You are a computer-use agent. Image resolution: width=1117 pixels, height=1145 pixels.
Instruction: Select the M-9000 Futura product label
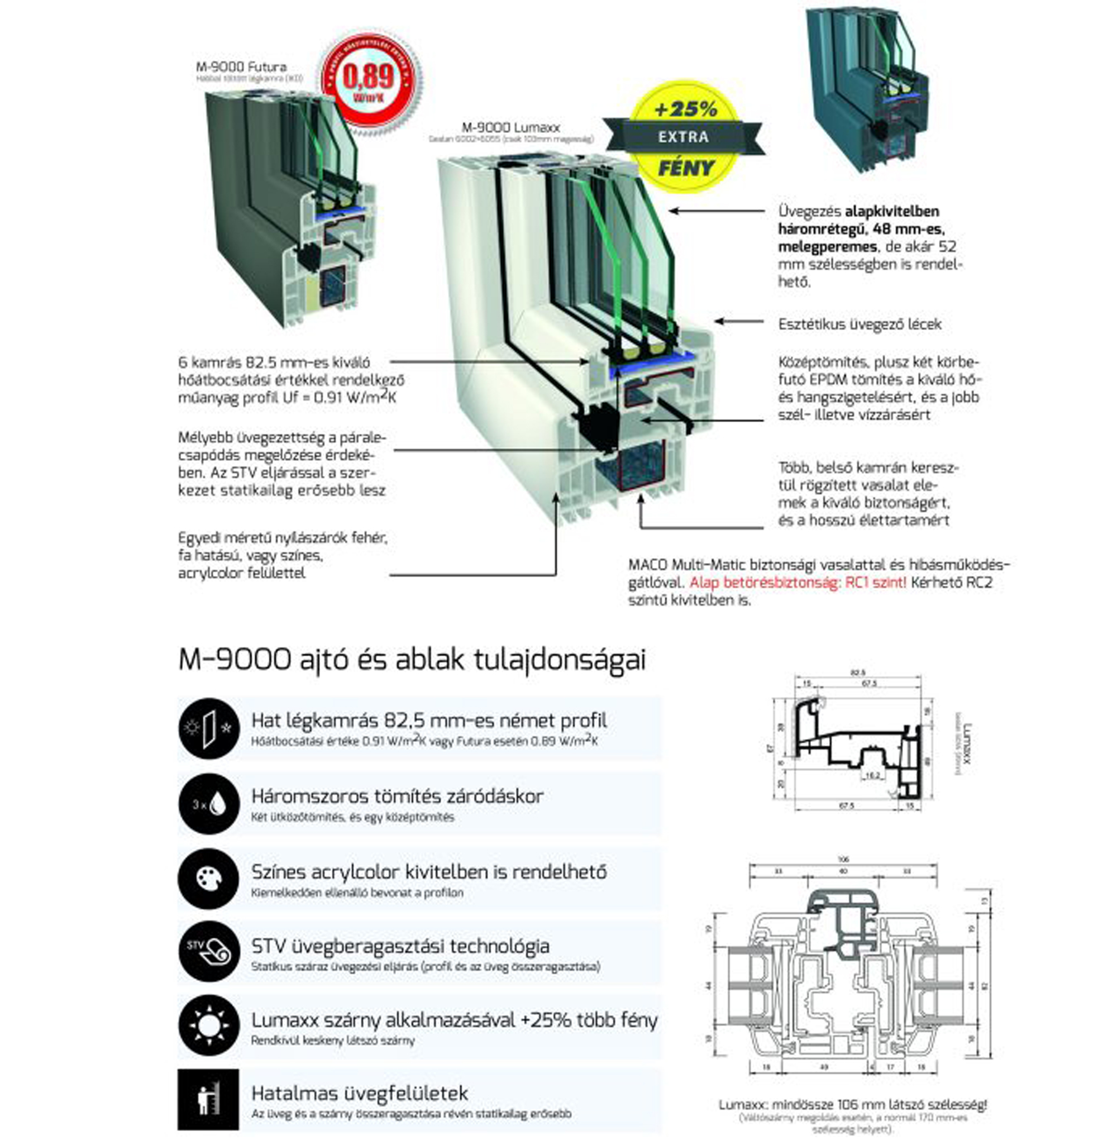click(x=241, y=67)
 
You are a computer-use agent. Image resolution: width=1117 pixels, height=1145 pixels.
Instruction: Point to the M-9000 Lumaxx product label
click(x=510, y=127)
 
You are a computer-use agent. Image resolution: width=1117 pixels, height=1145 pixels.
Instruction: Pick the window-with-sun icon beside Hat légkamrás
click(x=209, y=728)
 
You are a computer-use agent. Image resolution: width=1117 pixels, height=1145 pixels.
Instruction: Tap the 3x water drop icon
click(x=209, y=804)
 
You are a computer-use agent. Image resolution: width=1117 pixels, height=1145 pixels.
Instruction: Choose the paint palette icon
click(x=209, y=879)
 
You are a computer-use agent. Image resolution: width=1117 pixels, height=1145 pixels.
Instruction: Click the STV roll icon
click(x=209, y=953)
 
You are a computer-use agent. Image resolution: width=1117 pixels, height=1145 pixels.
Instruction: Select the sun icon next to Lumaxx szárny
click(x=209, y=1027)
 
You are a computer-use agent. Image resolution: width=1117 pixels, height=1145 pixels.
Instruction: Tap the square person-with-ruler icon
click(x=208, y=1101)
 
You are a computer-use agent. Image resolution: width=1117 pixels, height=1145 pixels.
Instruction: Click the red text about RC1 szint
click(x=798, y=583)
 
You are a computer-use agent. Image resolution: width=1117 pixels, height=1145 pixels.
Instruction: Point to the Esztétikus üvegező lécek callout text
click(x=860, y=325)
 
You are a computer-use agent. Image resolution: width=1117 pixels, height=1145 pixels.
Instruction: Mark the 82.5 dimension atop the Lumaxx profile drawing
click(x=858, y=673)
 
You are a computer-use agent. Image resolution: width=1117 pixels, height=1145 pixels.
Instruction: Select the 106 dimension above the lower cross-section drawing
click(x=843, y=860)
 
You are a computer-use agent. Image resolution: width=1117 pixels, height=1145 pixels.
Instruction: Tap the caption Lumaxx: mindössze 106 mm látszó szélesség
click(x=853, y=1105)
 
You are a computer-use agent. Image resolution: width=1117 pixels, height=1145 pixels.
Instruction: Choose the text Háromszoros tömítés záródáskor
click(x=397, y=796)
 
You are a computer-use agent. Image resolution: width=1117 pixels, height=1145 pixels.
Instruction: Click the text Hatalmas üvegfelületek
click(x=360, y=1094)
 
